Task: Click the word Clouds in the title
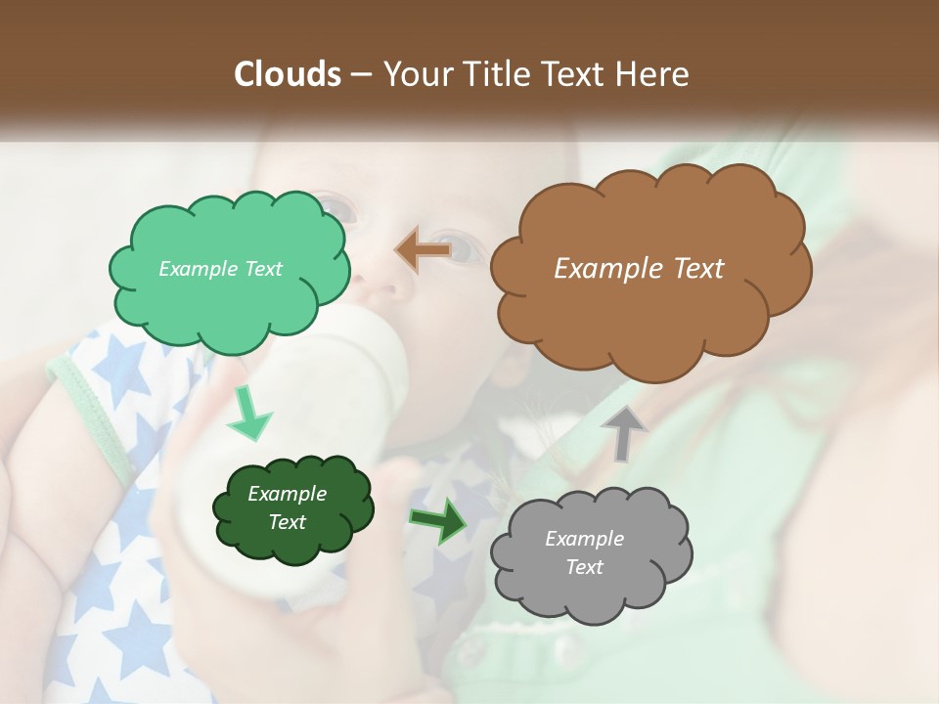[287, 74]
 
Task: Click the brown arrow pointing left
[424, 250]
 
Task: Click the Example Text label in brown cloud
[639, 269]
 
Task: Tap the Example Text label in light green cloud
[220, 269]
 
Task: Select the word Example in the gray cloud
[584, 539]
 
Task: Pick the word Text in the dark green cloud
[287, 523]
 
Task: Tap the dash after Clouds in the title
[361, 75]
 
